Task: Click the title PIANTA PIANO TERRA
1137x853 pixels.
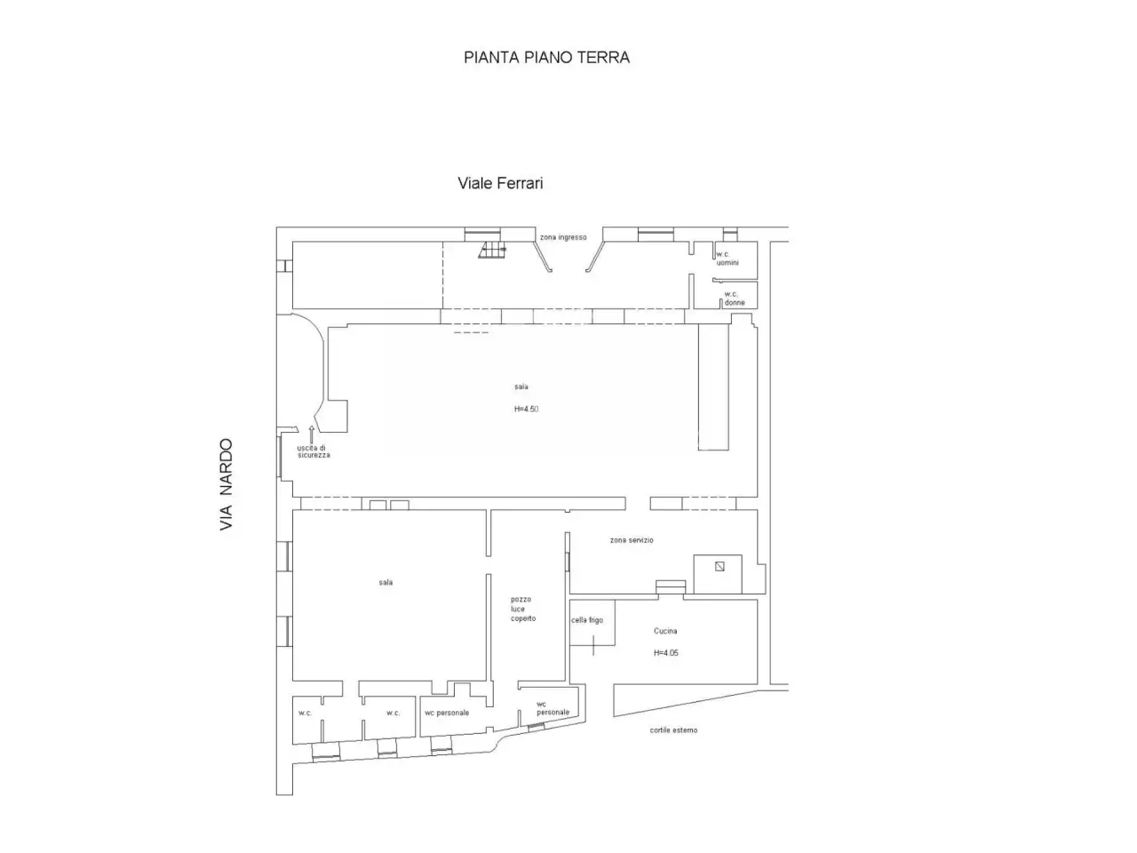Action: tap(546, 57)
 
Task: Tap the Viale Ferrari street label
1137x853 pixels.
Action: tap(500, 183)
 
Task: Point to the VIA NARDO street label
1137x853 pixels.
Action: tap(226, 484)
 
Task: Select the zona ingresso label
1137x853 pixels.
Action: tap(563, 237)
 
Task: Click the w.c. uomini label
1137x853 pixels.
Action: tap(728, 259)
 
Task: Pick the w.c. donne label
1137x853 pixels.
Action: tap(735, 299)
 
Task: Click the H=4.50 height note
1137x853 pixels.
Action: tap(526, 409)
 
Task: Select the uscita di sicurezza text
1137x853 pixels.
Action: tap(314, 451)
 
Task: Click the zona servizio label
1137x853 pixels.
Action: tap(632, 540)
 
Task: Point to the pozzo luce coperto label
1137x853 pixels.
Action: tap(522, 609)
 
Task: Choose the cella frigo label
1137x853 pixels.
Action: tap(587, 620)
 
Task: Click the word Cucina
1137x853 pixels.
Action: tap(665, 631)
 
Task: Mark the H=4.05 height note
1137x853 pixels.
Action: tap(665, 652)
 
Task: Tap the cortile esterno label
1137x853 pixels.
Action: tap(673, 730)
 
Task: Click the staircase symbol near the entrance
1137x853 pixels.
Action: tap(492, 251)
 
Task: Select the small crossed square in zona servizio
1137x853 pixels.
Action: tap(720, 567)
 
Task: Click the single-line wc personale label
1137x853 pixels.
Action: tap(447, 713)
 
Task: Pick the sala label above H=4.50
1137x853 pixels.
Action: tap(521, 387)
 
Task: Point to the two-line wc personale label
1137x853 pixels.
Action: tap(553, 708)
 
